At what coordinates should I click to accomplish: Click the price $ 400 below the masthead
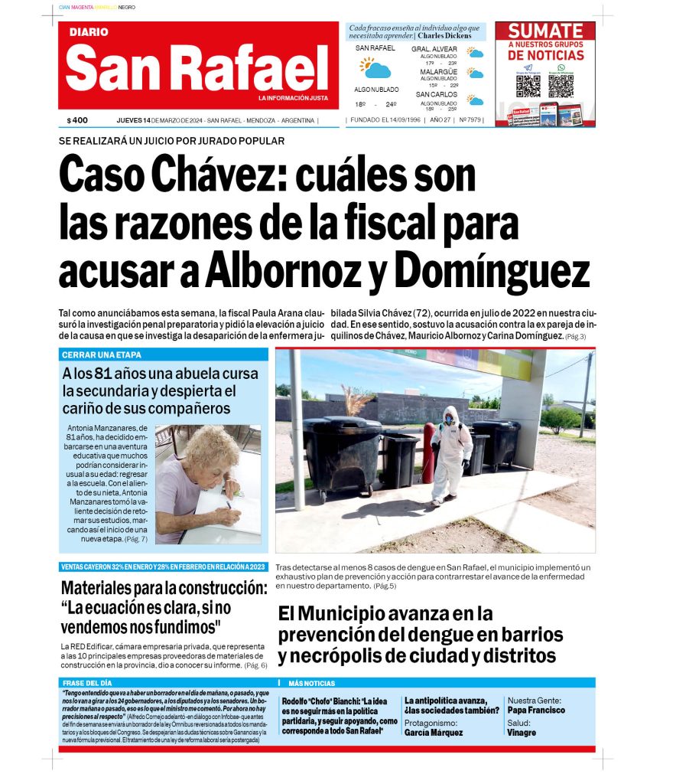(77, 120)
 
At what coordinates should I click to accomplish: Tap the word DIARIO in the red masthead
(89, 32)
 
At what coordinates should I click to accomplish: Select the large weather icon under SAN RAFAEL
(375, 69)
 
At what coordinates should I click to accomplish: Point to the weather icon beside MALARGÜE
(476, 74)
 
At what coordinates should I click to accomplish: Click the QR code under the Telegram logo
(528, 84)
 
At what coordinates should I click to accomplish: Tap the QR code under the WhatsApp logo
(561, 85)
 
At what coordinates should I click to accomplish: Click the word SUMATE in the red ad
(546, 31)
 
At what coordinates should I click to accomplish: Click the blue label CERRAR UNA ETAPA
(102, 355)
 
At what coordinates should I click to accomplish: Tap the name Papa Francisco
(536, 710)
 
